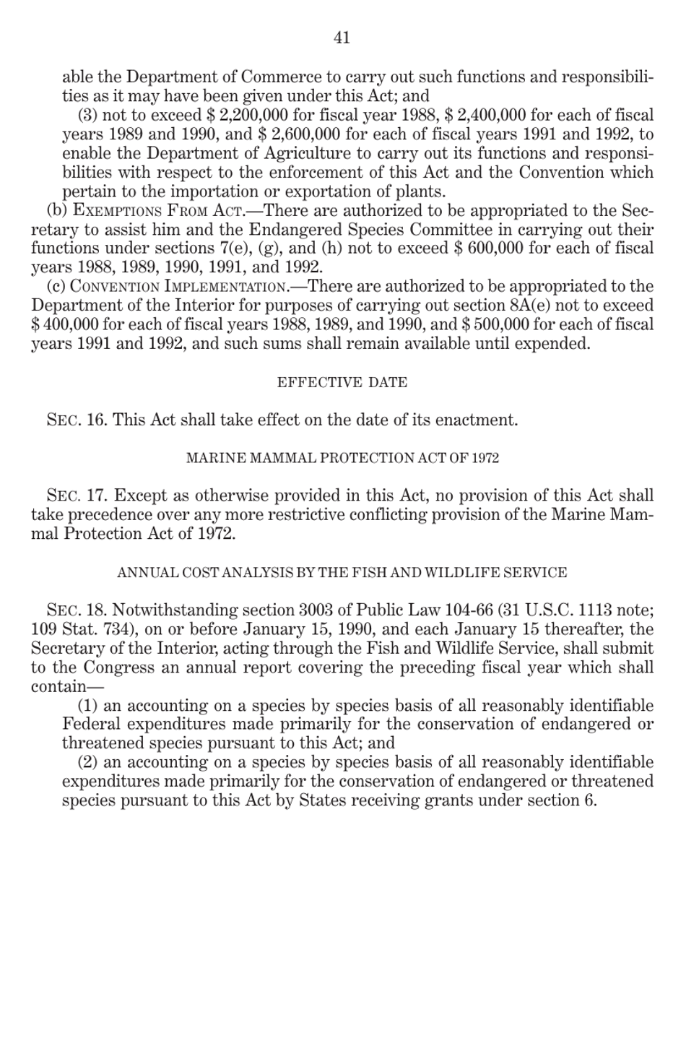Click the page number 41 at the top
(342, 38)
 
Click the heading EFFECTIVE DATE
(342, 383)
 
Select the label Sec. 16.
(76, 420)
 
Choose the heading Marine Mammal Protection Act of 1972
(342, 459)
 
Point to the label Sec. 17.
(76, 496)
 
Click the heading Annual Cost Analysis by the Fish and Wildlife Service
(342, 573)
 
